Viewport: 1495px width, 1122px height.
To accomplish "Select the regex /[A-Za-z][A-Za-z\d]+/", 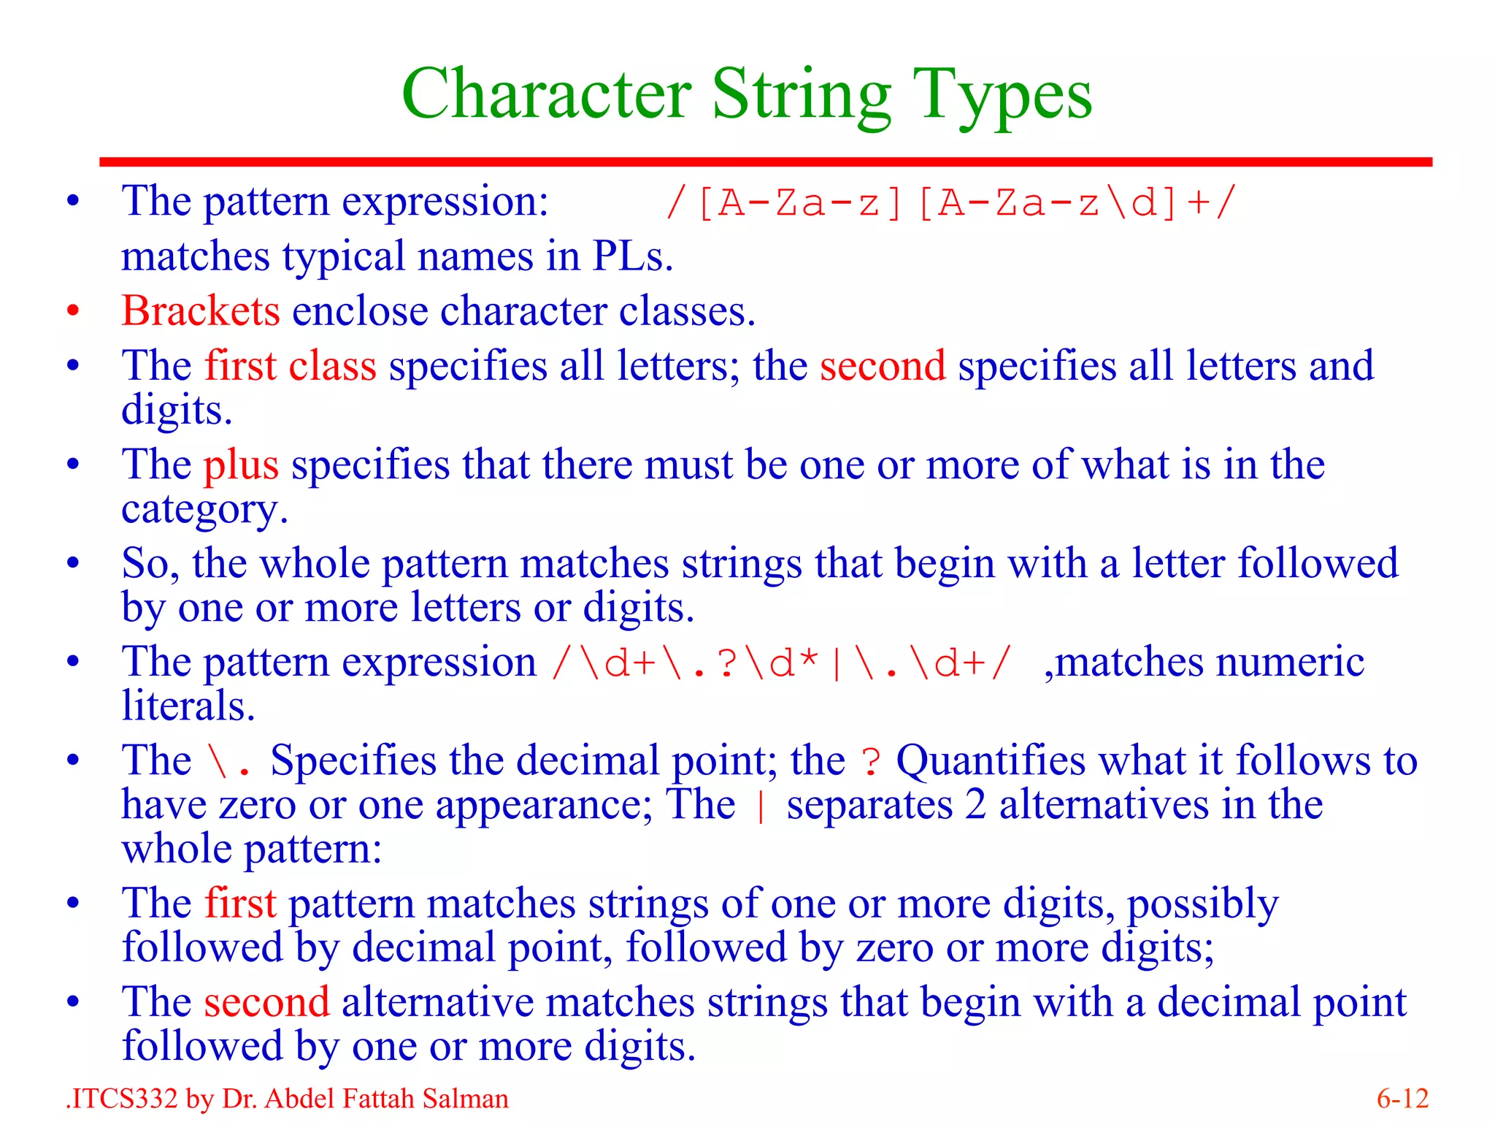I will [950, 202].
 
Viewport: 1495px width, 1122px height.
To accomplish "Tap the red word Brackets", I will [201, 311].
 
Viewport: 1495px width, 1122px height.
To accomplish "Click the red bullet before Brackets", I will [73, 312].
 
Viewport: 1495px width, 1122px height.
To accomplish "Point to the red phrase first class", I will [291, 366].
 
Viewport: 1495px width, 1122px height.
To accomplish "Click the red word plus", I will [241, 465].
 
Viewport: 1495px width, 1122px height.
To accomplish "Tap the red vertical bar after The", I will [761, 806].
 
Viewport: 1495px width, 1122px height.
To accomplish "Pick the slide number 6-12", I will [1402, 1099].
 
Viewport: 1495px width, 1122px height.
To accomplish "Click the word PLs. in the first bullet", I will [633, 257].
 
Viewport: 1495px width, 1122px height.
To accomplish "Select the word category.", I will [204, 510].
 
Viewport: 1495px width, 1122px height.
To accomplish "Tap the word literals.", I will [188, 706].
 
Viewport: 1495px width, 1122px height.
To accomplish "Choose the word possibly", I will [1202, 904].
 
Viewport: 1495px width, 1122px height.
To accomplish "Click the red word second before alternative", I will [266, 1002].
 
